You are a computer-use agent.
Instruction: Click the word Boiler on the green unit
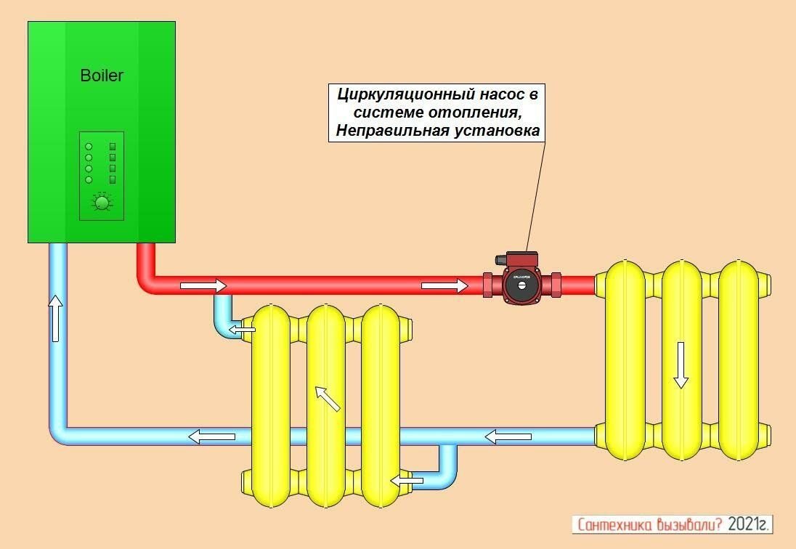(x=102, y=76)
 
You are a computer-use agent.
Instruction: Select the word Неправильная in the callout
(x=378, y=131)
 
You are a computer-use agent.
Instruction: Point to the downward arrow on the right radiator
(x=681, y=365)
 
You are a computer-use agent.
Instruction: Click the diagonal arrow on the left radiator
(x=328, y=399)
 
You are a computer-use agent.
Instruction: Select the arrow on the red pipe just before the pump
(x=444, y=285)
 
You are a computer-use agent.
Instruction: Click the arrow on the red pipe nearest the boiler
(x=203, y=285)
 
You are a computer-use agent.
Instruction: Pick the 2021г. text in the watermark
(x=747, y=524)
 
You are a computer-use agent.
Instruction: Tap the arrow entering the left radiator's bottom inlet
(x=407, y=480)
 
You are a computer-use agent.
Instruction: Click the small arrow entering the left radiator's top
(x=243, y=331)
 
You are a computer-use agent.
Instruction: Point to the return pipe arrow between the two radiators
(x=508, y=436)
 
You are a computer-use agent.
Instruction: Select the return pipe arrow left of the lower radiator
(x=212, y=436)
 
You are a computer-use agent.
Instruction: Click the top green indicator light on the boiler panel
(x=89, y=145)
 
